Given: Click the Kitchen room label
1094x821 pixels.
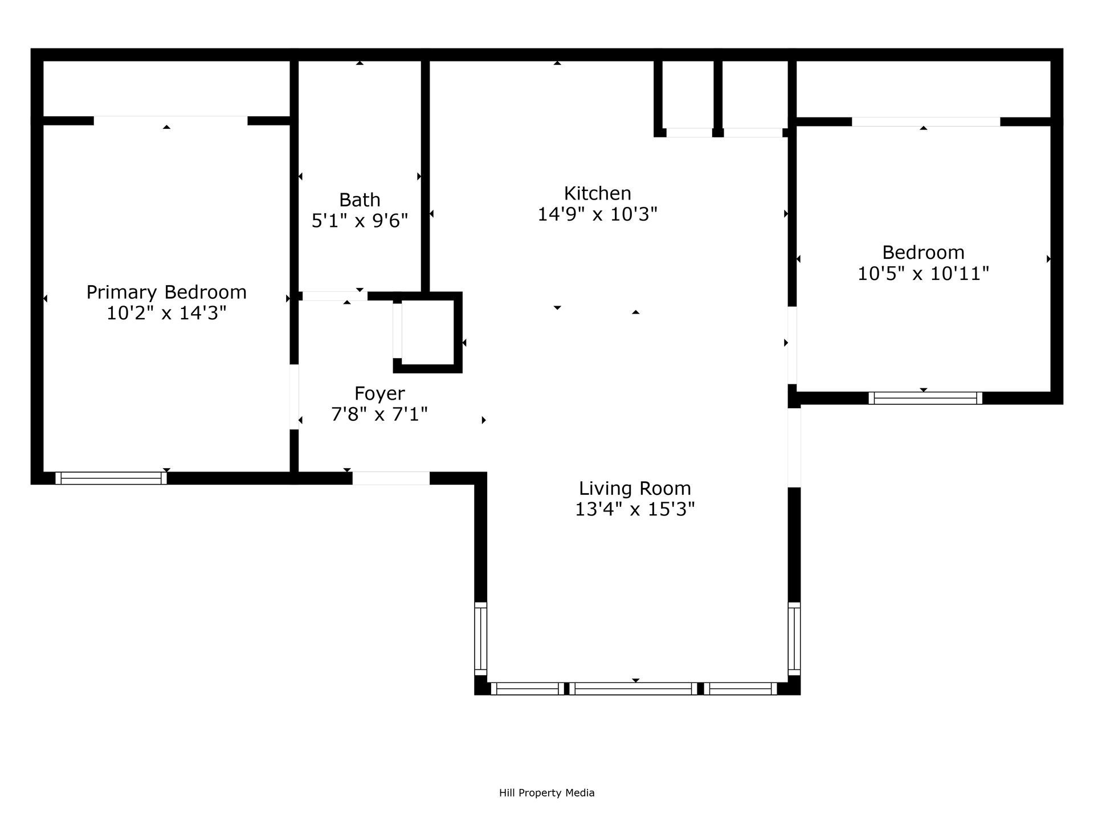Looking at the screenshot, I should pos(597,193).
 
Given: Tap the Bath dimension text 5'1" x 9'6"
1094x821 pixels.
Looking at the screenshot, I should pos(360,221).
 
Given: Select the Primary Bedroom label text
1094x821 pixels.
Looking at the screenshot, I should pos(166,292).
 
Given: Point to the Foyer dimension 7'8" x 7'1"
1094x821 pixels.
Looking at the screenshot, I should pos(379,414).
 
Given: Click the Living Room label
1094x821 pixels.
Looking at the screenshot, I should pos(635,489).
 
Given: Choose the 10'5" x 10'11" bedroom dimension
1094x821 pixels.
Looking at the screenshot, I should pos(923,274).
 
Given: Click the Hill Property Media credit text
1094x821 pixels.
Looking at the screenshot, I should pos(546,792).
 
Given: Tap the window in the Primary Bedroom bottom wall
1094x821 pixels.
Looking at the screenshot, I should pos(111,478).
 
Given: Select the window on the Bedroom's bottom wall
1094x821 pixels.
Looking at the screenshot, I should pos(925,398).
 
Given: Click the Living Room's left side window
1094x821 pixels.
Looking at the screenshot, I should pos(481,639).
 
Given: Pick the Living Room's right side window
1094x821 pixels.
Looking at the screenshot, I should pos(794,639).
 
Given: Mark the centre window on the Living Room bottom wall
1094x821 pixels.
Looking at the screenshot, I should pos(634,689).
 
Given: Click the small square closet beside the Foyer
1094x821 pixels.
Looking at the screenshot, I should pos(427,332).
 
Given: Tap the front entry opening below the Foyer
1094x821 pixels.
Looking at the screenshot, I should pos(391,478).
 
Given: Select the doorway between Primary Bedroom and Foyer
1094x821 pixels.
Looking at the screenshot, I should pos(295,397).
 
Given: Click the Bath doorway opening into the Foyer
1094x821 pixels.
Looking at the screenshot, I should pos(334,296).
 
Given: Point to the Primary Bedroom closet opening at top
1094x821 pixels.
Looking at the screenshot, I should pos(170,120).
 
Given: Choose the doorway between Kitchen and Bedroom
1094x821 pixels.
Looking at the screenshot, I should pos(792,345).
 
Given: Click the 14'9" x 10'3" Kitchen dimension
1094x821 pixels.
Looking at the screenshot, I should pos(597,214).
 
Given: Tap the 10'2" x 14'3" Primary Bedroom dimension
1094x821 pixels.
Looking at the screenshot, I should pos(166,313).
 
